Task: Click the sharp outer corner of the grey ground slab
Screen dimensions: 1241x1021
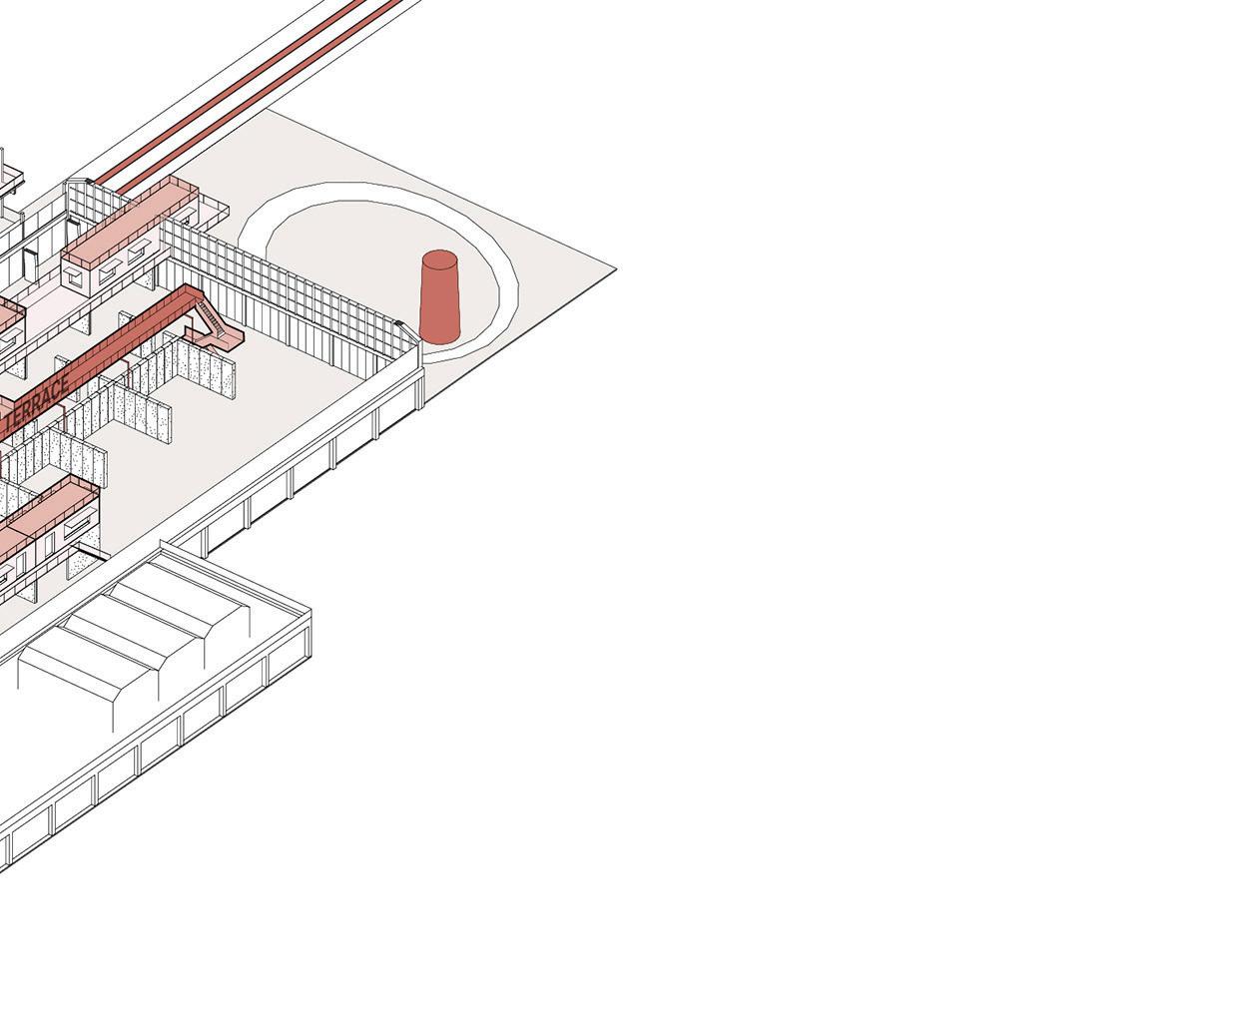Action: tap(615, 268)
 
